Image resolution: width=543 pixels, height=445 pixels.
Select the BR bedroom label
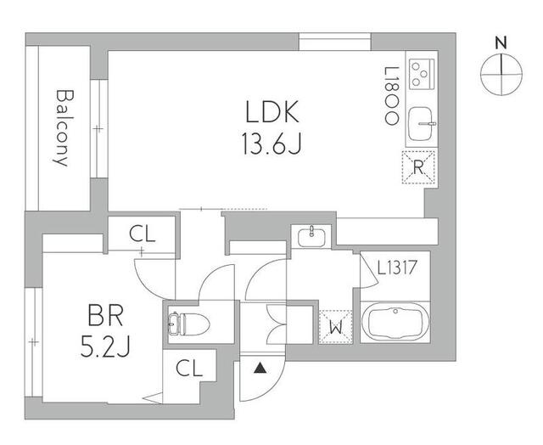[x=106, y=318]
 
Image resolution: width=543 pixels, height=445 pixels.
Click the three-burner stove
[x=421, y=76]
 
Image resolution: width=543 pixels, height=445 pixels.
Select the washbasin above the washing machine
[x=311, y=235]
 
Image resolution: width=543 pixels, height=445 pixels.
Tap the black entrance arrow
[x=258, y=368]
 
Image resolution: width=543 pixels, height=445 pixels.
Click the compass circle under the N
[x=501, y=74]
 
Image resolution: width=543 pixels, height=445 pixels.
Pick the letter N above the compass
[x=501, y=42]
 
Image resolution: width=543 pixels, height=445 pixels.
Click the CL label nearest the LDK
[x=142, y=234]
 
